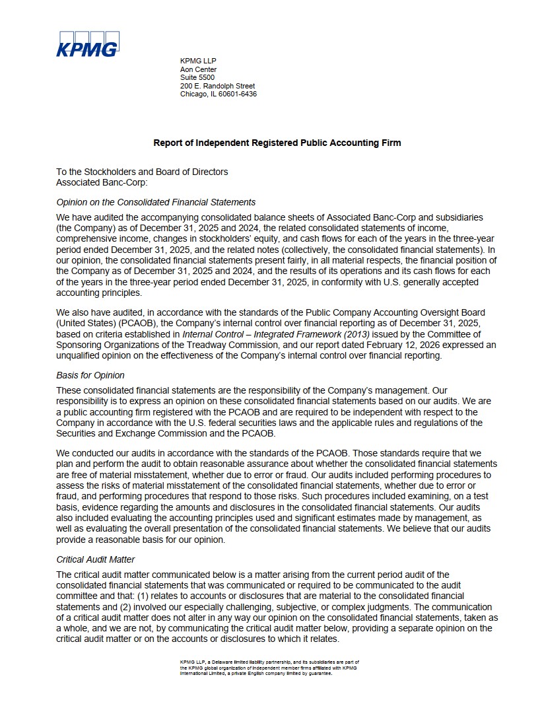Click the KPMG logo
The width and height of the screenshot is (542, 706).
87,44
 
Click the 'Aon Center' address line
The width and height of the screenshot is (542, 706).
198,69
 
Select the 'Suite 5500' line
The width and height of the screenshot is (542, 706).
197,77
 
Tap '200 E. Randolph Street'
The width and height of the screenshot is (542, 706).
217,86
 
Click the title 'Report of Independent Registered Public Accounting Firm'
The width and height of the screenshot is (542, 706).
277,143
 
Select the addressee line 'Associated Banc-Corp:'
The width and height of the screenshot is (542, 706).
102,182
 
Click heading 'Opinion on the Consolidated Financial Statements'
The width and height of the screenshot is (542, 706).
156,202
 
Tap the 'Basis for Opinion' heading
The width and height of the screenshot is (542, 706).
90,375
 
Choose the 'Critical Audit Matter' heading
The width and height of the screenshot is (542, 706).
96,559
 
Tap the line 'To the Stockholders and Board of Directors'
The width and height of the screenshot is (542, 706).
142,172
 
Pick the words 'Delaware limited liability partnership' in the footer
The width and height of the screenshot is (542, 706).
244,661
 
